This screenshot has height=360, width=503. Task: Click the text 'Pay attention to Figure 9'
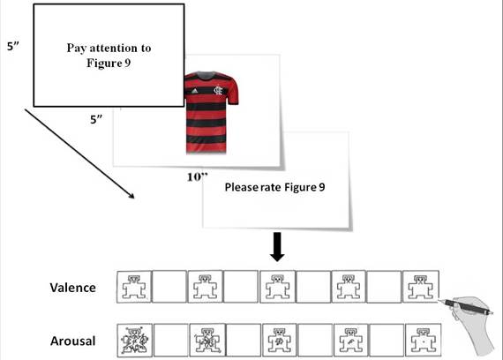(x=108, y=55)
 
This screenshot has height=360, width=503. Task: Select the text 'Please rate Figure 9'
(x=274, y=187)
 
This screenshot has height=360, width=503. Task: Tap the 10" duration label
(x=198, y=176)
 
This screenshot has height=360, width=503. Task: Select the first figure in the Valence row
(x=134, y=287)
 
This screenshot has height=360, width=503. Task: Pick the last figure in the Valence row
(x=420, y=287)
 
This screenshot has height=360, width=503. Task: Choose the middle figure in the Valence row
(x=277, y=287)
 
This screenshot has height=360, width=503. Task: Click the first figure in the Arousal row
(x=134, y=340)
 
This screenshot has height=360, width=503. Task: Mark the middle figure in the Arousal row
(x=278, y=341)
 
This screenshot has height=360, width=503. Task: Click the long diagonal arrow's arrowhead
(x=131, y=196)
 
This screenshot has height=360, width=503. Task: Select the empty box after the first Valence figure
(x=169, y=287)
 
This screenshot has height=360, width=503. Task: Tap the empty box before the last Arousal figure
(x=386, y=341)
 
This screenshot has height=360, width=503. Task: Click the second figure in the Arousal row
(x=206, y=341)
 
